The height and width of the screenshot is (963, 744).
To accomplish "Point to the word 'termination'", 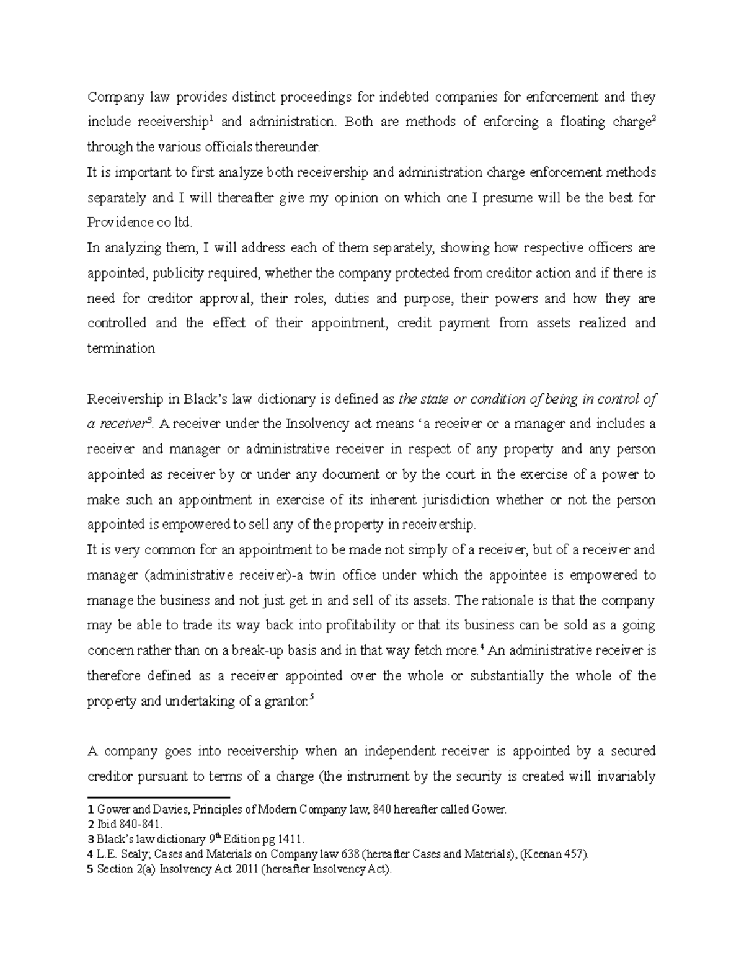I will pos(121,348).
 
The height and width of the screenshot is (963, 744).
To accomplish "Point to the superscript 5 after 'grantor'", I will pos(311,697).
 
